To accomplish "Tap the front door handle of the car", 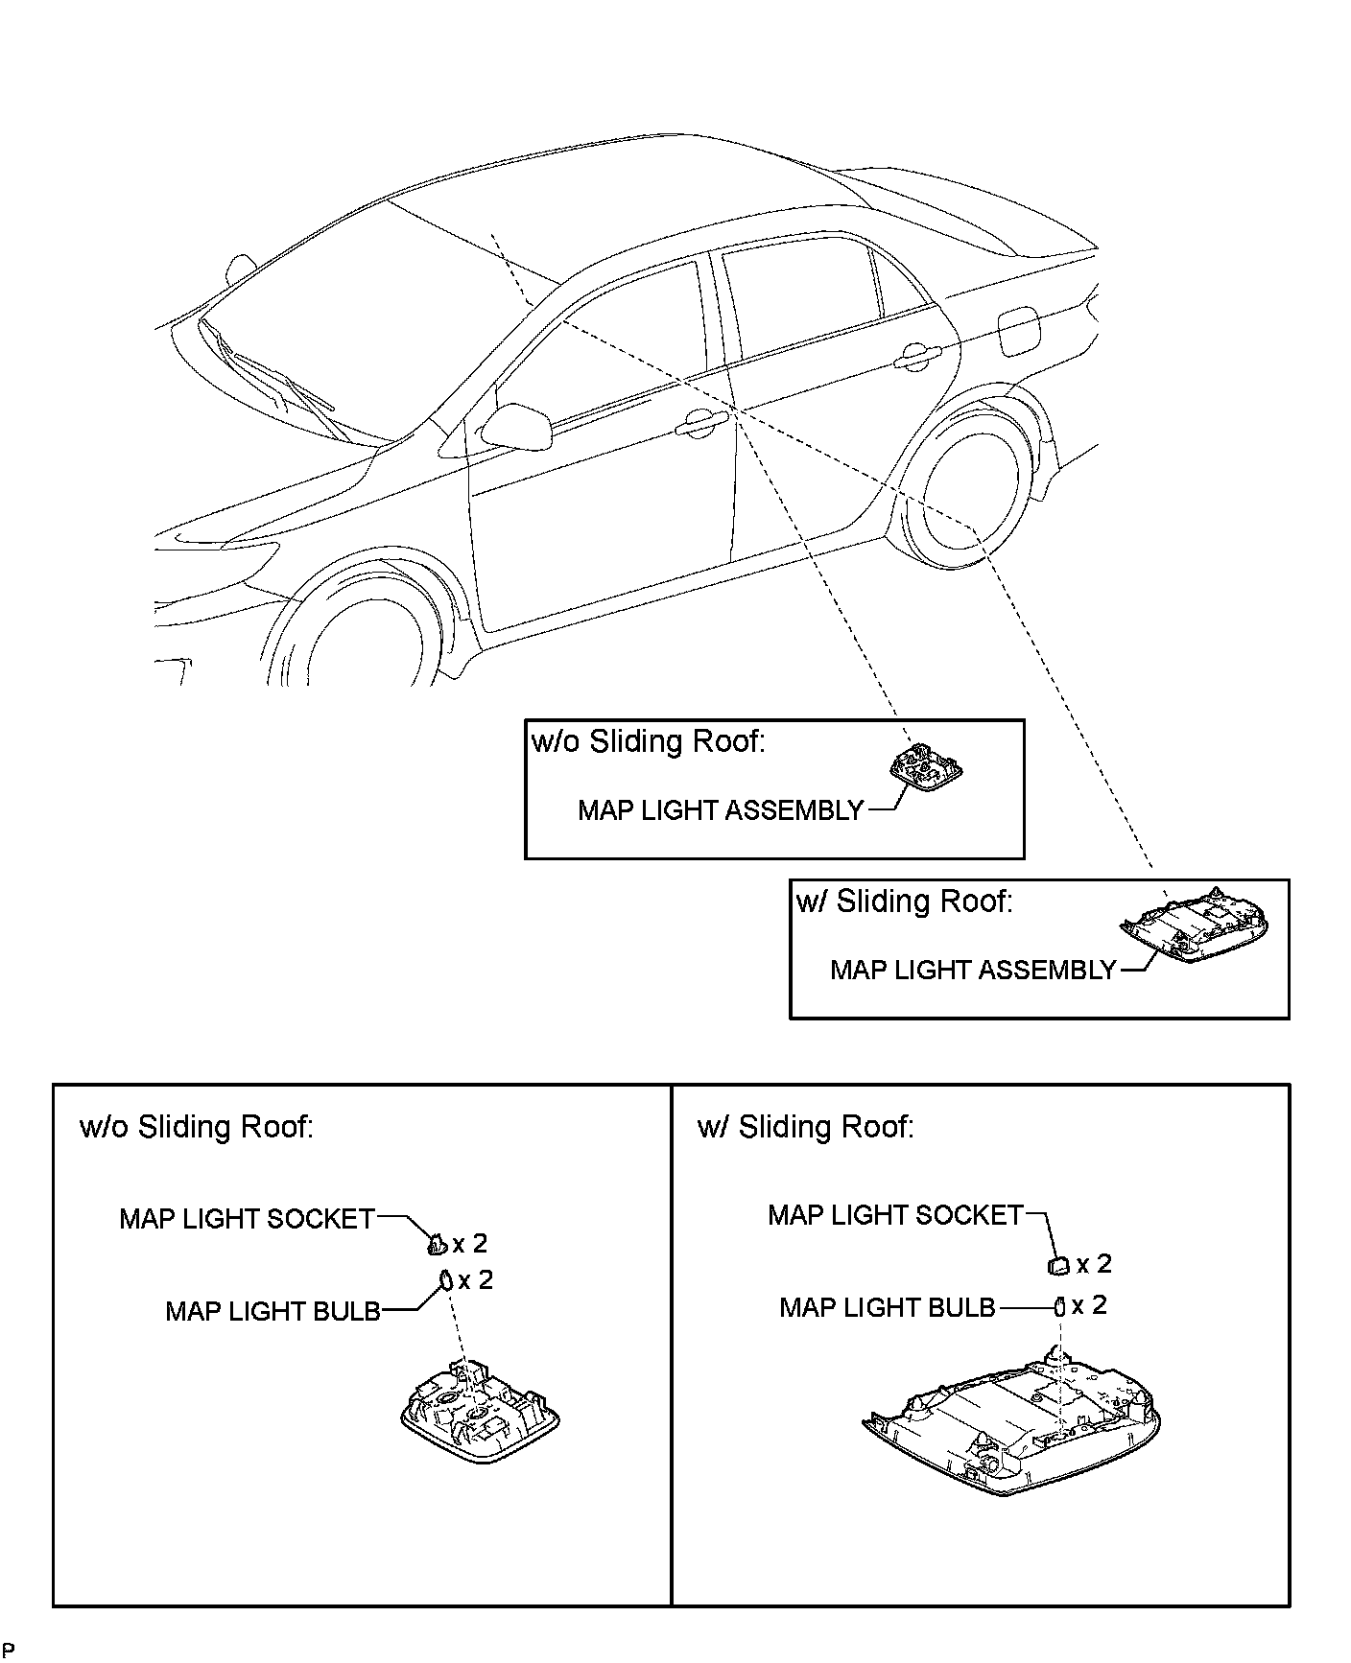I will pyautogui.click(x=701, y=425).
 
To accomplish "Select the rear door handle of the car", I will pyautogui.click(x=916, y=357).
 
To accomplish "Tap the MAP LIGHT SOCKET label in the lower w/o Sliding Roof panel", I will pyautogui.click(x=247, y=1219).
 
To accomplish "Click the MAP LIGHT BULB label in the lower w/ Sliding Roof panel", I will pyautogui.click(x=888, y=1307).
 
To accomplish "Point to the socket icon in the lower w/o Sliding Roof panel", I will pyautogui.click(x=436, y=1245).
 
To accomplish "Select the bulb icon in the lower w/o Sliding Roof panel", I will pyautogui.click(x=446, y=1280).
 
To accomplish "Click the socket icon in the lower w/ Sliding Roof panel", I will pyautogui.click(x=1057, y=1266).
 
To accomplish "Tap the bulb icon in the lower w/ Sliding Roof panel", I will pyautogui.click(x=1059, y=1306).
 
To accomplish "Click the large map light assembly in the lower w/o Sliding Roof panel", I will pyautogui.click(x=480, y=1418).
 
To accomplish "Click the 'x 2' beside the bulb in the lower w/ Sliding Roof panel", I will pyautogui.click(x=1089, y=1305).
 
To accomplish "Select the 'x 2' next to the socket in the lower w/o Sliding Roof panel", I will pyautogui.click(x=470, y=1244).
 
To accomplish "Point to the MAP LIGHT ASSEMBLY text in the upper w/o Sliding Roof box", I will pyautogui.click(x=721, y=810).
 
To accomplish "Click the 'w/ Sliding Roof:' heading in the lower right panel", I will pyautogui.click(x=806, y=1126).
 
